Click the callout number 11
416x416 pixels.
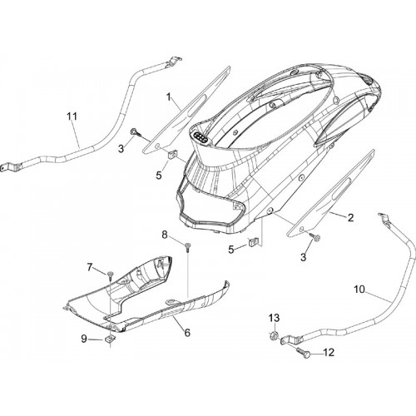pyautogui.click(x=72, y=116)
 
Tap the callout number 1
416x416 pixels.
pyautogui.click(x=168, y=97)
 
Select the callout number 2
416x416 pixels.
pyautogui.click(x=350, y=218)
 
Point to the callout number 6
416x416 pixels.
pyautogui.click(x=187, y=333)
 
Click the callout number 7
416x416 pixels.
pyautogui.click(x=90, y=267)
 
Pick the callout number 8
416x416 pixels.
pyautogui.click(x=165, y=235)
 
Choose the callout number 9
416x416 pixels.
pyautogui.click(x=84, y=339)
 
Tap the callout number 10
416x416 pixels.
pyautogui.click(x=359, y=290)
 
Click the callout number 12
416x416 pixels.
pyautogui.click(x=329, y=353)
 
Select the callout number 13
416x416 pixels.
pyautogui.click(x=274, y=318)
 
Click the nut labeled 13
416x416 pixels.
pyautogui.click(x=273, y=336)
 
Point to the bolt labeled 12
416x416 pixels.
pyautogui.click(x=304, y=352)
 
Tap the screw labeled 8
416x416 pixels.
pyautogui.click(x=188, y=246)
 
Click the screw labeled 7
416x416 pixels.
pyautogui.click(x=110, y=275)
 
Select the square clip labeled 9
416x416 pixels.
pyautogui.click(x=110, y=339)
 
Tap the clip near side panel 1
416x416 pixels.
pyautogui.click(x=172, y=154)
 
